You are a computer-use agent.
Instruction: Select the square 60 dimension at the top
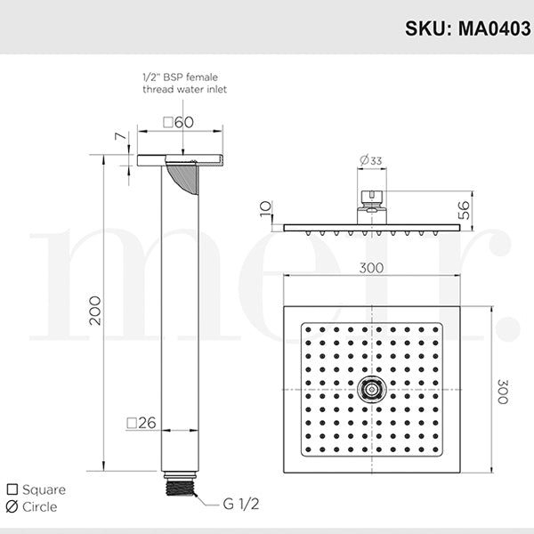pos(179,122)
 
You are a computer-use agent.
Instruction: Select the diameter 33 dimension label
pos(371,161)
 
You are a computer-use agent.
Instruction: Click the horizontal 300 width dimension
pos(372,267)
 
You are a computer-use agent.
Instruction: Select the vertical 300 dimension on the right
pos(504,388)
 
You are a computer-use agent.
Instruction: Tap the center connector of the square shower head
pos(371,389)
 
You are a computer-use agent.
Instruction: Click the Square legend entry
pos(37,489)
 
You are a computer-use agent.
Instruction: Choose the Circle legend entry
pos(36,506)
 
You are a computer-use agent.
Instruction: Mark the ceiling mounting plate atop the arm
pos(179,160)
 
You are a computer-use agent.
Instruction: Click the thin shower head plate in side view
pos(371,228)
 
